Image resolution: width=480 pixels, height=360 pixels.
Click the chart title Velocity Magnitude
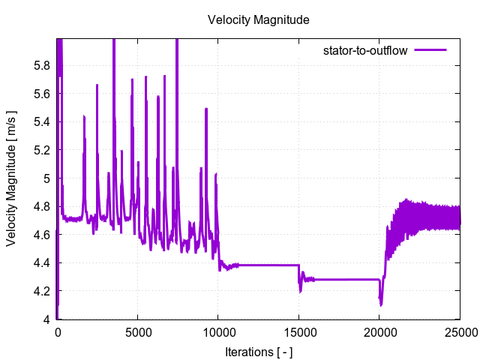[258, 20]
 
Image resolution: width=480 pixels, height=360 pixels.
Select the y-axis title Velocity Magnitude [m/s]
[12, 178]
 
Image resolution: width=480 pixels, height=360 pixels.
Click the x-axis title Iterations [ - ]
[258, 350]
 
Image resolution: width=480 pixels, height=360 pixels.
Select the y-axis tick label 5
[46, 178]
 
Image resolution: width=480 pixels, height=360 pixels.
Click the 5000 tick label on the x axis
[138, 333]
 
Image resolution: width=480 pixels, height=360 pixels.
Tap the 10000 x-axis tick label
[218, 333]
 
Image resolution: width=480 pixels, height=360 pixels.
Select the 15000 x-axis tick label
[298, 333]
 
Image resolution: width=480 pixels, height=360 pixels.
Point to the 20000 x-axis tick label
[379, 333]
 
